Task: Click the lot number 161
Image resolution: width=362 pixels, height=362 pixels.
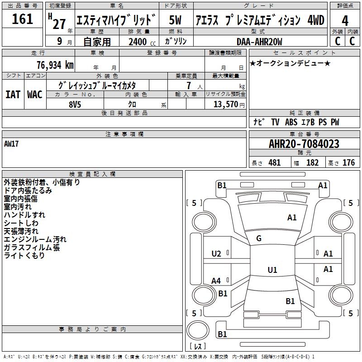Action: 22,19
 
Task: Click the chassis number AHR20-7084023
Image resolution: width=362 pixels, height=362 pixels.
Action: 304,144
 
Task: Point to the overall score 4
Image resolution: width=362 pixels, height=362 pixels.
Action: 345,20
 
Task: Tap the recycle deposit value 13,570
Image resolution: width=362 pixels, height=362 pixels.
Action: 225,104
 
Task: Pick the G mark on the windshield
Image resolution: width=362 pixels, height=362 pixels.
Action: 259,238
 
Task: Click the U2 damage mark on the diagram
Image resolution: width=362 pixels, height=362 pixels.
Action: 216,254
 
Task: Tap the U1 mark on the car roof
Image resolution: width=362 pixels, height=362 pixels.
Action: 272,270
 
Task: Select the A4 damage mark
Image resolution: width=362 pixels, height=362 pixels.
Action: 216,281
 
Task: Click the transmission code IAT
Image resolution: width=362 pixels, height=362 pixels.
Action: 13,94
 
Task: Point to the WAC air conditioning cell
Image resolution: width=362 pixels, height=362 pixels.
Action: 35,94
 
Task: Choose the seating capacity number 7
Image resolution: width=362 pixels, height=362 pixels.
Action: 188,86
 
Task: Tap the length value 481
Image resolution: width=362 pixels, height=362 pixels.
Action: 274,163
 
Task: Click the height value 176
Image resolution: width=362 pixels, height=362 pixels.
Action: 348,163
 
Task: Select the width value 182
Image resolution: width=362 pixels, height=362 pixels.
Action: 312,163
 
